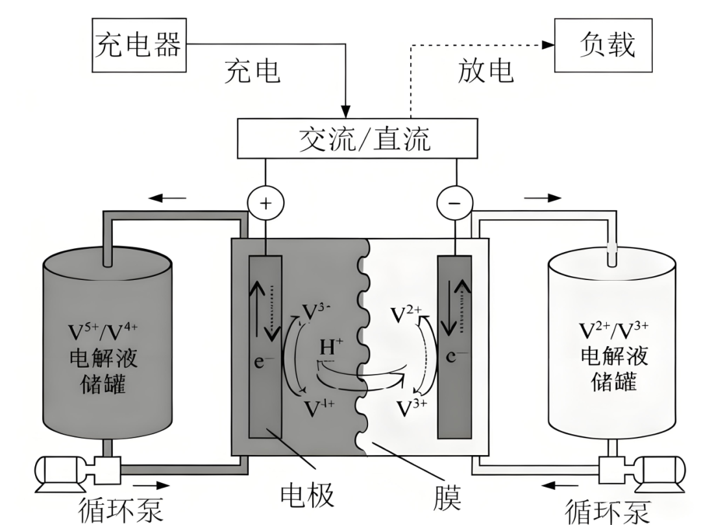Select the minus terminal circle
452,203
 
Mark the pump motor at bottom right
660,471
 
